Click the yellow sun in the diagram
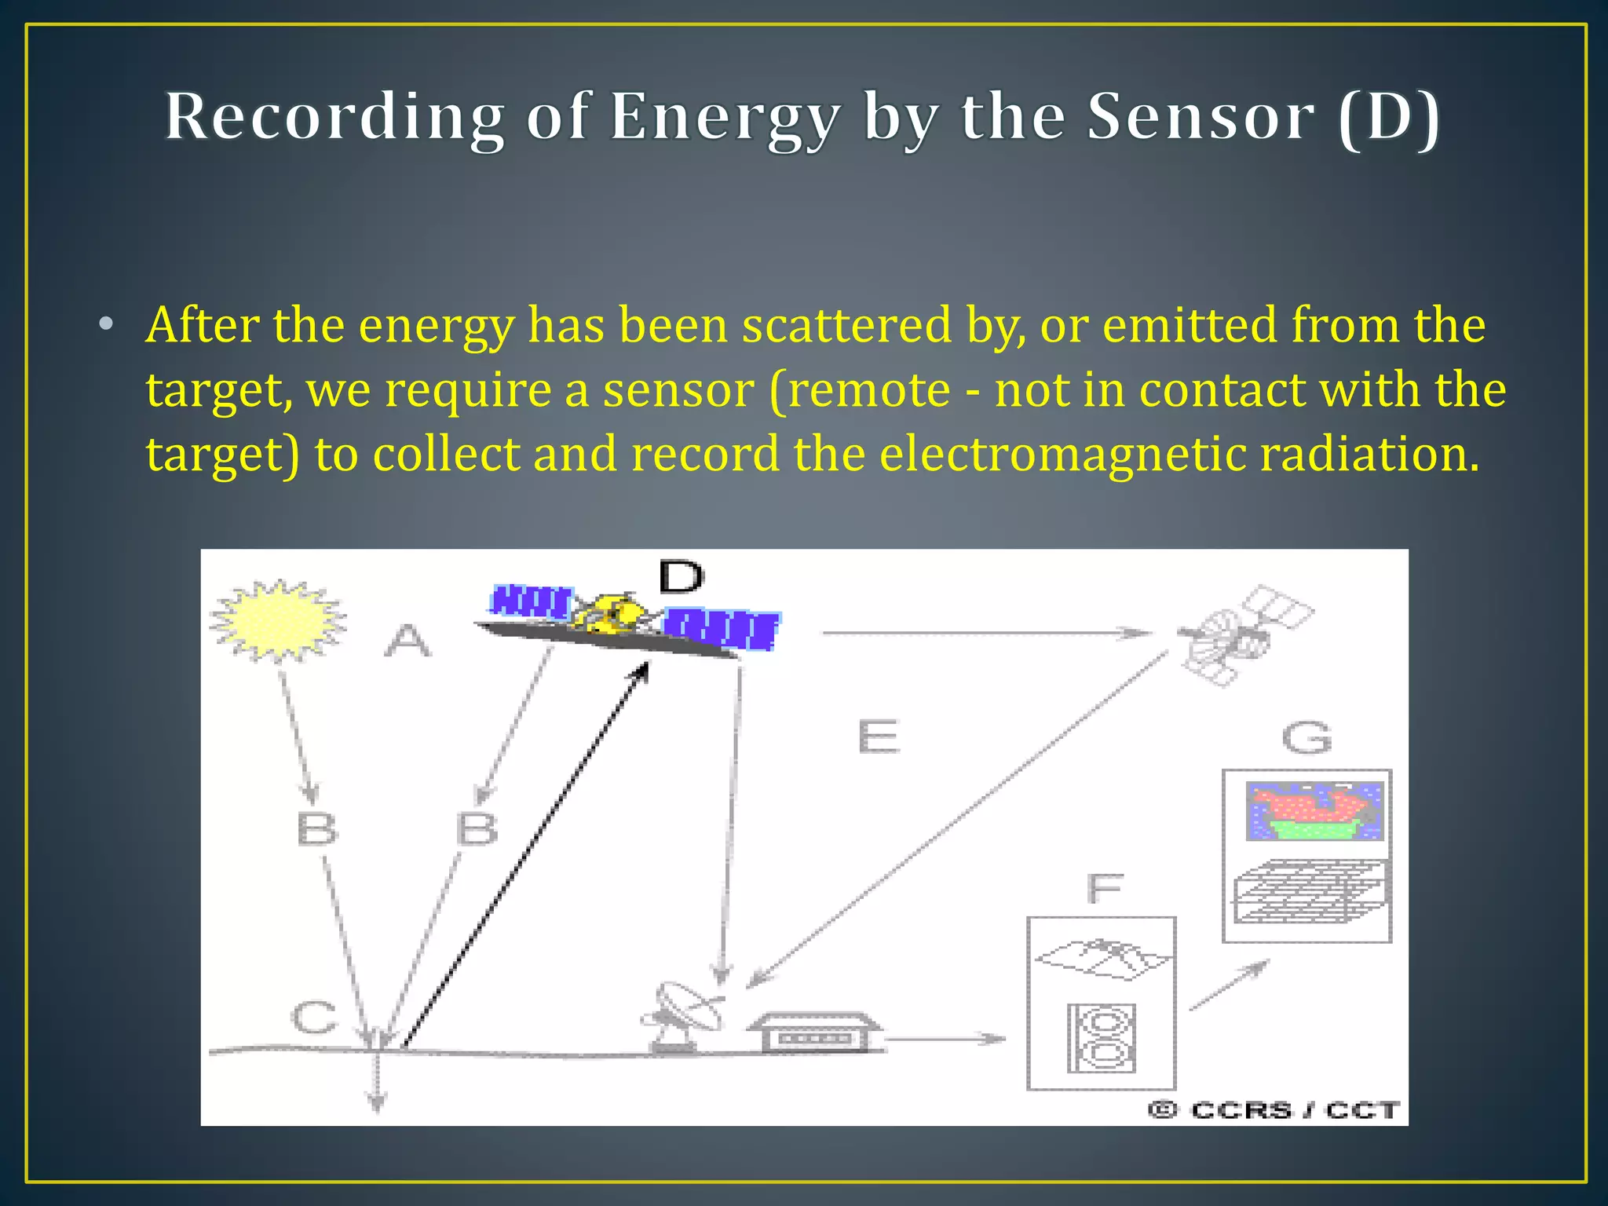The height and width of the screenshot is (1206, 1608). click(x=278, y=621)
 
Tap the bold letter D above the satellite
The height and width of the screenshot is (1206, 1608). click(x=681, y=577)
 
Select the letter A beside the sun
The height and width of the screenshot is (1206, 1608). click(x=407, y=641)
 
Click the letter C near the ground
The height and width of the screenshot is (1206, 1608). click(x=313, y=1018)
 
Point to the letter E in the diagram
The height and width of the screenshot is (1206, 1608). click(x=878, y=736)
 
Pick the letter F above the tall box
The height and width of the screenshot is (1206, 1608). click(x=1105, y=889)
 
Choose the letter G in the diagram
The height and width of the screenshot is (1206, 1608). click(x=1306, y=737)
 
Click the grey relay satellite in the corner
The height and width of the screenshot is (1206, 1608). click(x=1241, y=634)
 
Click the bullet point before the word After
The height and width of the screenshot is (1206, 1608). click(x=106, y=324)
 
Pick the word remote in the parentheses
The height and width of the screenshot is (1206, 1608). click(x=869, y=389)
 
